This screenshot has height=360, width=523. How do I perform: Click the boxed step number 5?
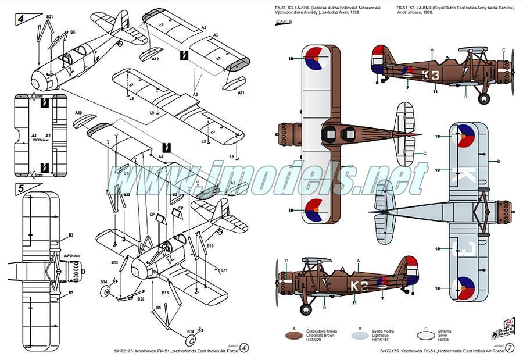pos(21,189)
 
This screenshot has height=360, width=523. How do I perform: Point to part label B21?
pos(49,17)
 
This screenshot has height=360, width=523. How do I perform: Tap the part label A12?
pos(155,59)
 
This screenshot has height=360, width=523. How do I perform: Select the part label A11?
pos(241,93)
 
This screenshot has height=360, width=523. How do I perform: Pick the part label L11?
pos(224,270)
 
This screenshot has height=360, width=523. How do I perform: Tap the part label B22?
pos(127,194)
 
